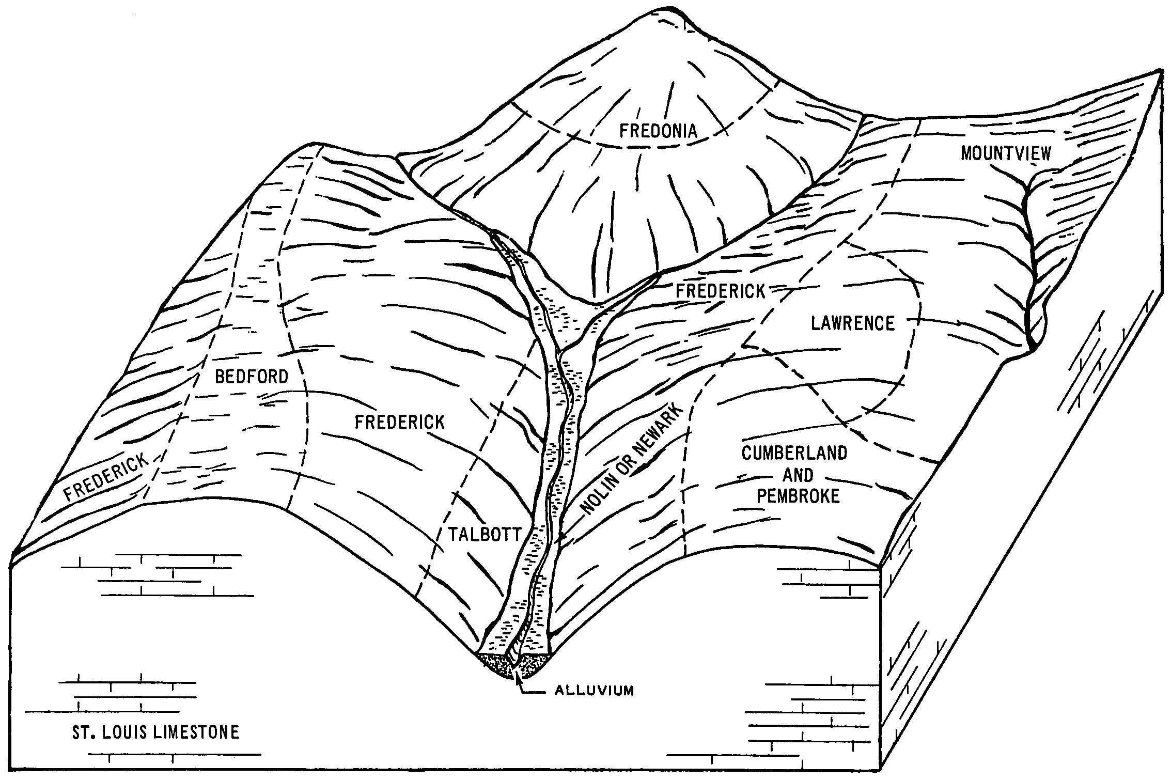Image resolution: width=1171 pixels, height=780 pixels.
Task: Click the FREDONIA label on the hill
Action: [658, 130]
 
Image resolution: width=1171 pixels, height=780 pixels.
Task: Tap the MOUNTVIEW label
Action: [1006, 153]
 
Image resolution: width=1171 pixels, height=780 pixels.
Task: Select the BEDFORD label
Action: [252, 377]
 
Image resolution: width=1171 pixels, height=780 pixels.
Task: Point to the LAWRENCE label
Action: [853, 323]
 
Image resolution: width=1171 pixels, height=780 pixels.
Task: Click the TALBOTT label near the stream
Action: [485, 534]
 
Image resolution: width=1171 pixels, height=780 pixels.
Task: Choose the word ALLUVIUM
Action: [594, 690]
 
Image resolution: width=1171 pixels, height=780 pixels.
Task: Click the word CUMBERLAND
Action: [794, 453]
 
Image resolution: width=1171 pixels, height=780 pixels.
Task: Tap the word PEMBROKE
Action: [798, 496]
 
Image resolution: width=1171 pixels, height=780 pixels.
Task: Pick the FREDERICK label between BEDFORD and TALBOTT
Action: [399, 422]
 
